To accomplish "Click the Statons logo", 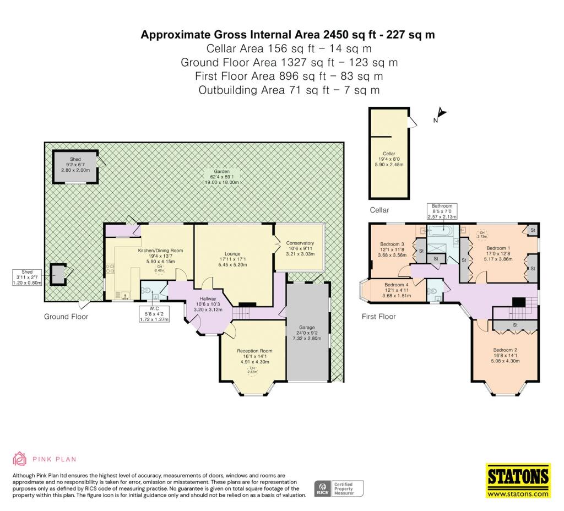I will pos(518,481).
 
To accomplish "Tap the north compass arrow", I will pos(441,115).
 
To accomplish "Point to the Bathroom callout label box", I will pos(442,211).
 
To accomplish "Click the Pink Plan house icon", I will pos(20,459).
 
